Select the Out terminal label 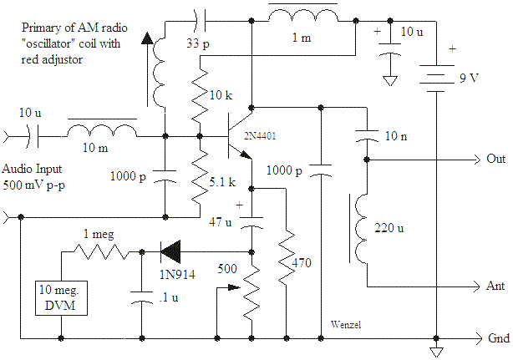pos(493,159)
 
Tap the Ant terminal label pos(493,286)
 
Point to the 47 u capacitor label pos(219,222)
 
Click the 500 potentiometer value pos(226,269)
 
